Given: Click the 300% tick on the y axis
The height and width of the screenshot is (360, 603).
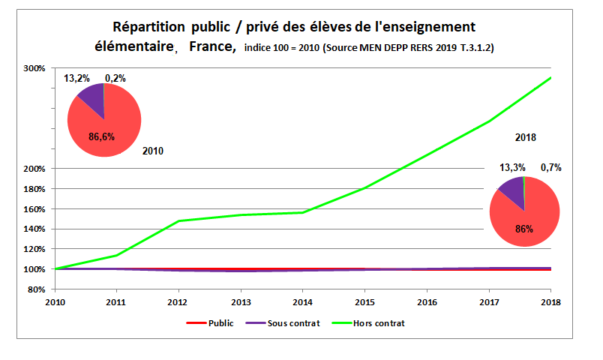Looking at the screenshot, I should coord(35,68).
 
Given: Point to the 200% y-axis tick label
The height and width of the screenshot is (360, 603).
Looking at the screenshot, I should coord(35,169).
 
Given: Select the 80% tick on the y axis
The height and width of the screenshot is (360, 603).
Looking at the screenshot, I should coord(37,289).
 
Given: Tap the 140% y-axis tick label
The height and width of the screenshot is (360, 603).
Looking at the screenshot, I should coord(35,229).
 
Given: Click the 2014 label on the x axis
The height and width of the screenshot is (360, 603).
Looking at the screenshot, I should coord(303,302).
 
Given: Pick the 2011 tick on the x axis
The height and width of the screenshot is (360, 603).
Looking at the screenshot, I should coord(117,302).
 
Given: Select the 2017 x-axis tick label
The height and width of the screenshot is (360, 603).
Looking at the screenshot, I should coord(489,302).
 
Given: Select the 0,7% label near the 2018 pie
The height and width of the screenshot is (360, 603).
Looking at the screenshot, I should coord(550,167).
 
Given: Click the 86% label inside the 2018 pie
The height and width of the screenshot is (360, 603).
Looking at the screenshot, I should coord(523,229).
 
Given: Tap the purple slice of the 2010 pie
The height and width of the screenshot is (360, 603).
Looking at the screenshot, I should coord(91,97).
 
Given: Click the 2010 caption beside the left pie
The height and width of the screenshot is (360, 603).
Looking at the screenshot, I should coord(152,151).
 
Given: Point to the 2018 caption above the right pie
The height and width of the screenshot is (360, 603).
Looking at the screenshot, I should coord(525,138).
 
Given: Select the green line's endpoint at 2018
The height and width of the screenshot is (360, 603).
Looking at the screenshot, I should coord(551,77).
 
